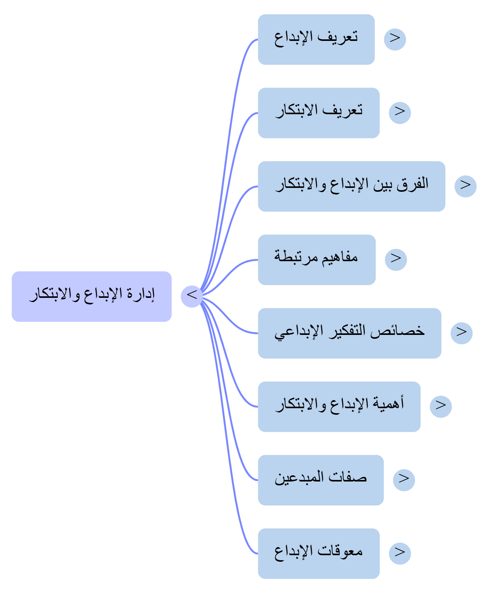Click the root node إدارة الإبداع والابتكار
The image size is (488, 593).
[91, 296]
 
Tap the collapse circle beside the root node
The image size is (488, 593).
[191, 296]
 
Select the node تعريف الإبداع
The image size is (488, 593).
[316, 39]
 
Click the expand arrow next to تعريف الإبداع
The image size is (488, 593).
[395, 39]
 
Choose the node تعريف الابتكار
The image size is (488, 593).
[319, 113]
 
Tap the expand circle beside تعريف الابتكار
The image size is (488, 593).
[400, 113]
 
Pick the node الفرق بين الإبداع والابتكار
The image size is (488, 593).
[351, 186]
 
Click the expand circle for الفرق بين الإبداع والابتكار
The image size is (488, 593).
[465, 186]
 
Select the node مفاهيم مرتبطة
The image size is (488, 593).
[317, 260]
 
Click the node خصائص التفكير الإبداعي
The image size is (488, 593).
[349, 333]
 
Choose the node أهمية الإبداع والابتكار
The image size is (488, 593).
[339, 406]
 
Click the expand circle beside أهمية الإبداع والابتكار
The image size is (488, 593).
[441, 406]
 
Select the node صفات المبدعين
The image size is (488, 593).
[320, 480]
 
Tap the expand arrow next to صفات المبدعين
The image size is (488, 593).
[404, 480]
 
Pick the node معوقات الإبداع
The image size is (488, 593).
[319, 553]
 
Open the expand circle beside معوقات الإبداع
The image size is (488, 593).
[400, 553]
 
